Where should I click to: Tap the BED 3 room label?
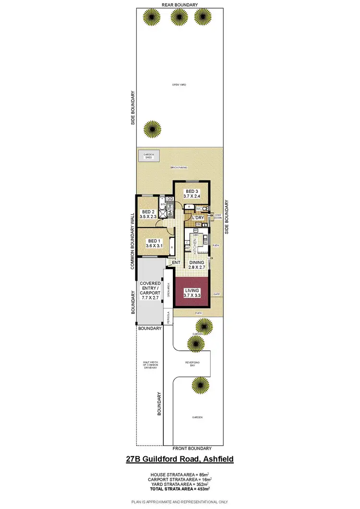(x=192, y=193)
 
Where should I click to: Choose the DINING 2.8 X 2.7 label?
(x=196, y=265)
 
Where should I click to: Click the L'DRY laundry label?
(x=198, y=218)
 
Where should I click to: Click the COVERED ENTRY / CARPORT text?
(x=150, y=291)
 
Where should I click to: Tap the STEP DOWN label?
(x=218, y=216)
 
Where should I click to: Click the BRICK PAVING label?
(x=179, y=168)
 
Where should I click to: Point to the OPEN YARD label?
(x=179, y=84)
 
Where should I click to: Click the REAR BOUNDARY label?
(x=180, y=4)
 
